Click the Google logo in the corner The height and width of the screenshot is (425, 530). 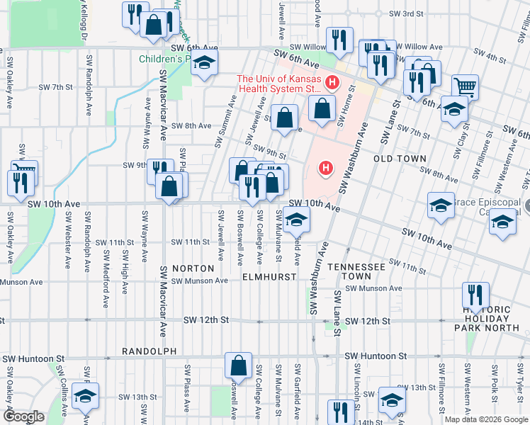click(23, 416)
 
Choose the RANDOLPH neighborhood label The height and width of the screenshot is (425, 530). click(148, 351)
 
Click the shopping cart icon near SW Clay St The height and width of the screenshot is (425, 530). click(465, 87)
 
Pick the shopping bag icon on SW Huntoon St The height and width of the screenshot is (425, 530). click(239, 365)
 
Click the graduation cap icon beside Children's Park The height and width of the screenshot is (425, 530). click(204, 63)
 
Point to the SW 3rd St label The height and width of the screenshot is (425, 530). click(409, 13)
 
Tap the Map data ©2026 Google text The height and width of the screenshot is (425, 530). click(485, 419)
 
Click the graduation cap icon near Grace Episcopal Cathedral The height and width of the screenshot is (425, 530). click(502, 222)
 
